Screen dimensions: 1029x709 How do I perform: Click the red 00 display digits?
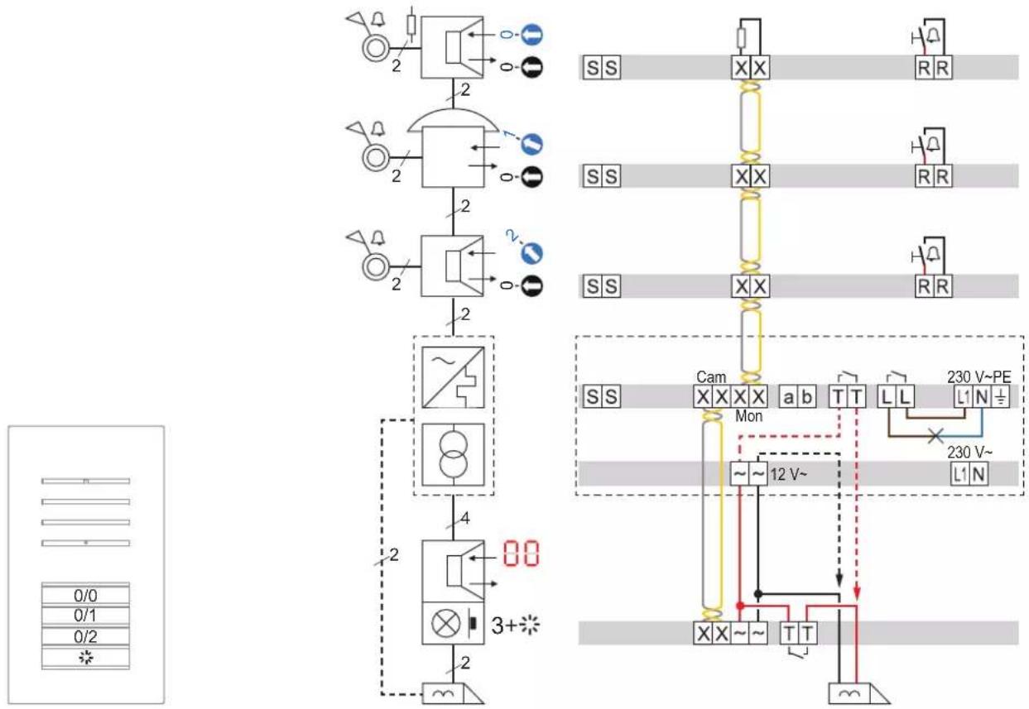(521, 553)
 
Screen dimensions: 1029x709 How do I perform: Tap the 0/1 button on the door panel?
(85, 616)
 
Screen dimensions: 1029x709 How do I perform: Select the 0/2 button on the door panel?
(85, 636)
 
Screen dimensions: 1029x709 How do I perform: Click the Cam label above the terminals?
(711, 377)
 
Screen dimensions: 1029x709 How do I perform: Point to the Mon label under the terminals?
(749, 416)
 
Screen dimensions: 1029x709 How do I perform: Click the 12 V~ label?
(788, 474)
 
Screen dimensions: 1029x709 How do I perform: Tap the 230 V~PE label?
(979, 377)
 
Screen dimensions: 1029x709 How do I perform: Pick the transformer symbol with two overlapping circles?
(454, 455)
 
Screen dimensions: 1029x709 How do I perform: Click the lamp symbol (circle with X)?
(445, 624)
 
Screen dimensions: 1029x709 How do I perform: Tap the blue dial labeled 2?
(532, 253)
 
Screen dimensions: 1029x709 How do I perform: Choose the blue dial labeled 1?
(532, 144)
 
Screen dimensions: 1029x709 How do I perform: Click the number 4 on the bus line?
(465, 519)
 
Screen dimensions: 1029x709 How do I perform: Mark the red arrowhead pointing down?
(857, 594)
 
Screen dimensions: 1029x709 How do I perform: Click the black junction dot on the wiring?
(758, 594)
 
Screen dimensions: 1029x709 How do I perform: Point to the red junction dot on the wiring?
(740, 606)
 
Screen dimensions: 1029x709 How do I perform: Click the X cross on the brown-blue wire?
(935, 435)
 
